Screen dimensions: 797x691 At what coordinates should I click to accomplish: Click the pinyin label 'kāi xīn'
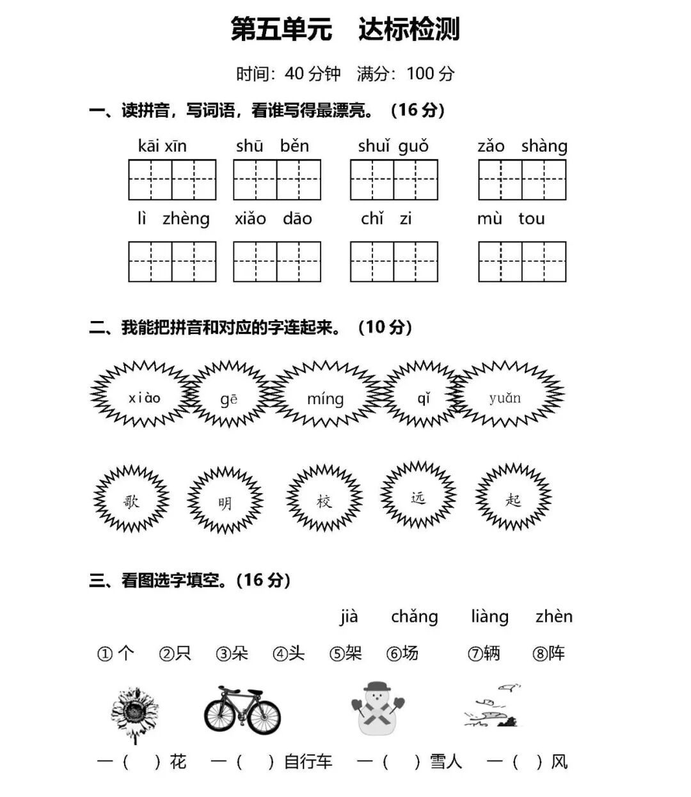pyautogui.click(x=162, y=146)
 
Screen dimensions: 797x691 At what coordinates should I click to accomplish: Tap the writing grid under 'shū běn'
pyautogui.click(x=276, y=180)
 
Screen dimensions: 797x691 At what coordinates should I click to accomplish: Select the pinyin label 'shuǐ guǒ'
pyautogui.click(x=393, y=146)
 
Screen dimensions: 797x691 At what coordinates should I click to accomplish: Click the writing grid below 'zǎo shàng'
pyautogui.click(x=522, y=180)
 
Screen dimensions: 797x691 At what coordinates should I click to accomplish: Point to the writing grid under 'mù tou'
pyautogui.click(x=522, y=262)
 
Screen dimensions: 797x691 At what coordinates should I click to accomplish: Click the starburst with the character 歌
pyautogui.click(x=131, y=500)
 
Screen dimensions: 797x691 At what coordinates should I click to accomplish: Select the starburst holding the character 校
pyautogui.click(x=324, y=500)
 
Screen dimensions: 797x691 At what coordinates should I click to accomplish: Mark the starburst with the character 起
pyautogui.click(x=513, y=498)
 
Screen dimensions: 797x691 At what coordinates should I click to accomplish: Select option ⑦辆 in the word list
pyautogui.click(x=484, y=653)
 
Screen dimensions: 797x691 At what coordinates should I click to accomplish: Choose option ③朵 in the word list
pyautogui.click(x=232, y=653)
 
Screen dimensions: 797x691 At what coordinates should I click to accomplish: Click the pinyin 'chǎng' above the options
pyautogui.click(x=415, y=617)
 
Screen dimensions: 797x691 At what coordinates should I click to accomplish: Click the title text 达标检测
pyautogui.click(x=409, y=29)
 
